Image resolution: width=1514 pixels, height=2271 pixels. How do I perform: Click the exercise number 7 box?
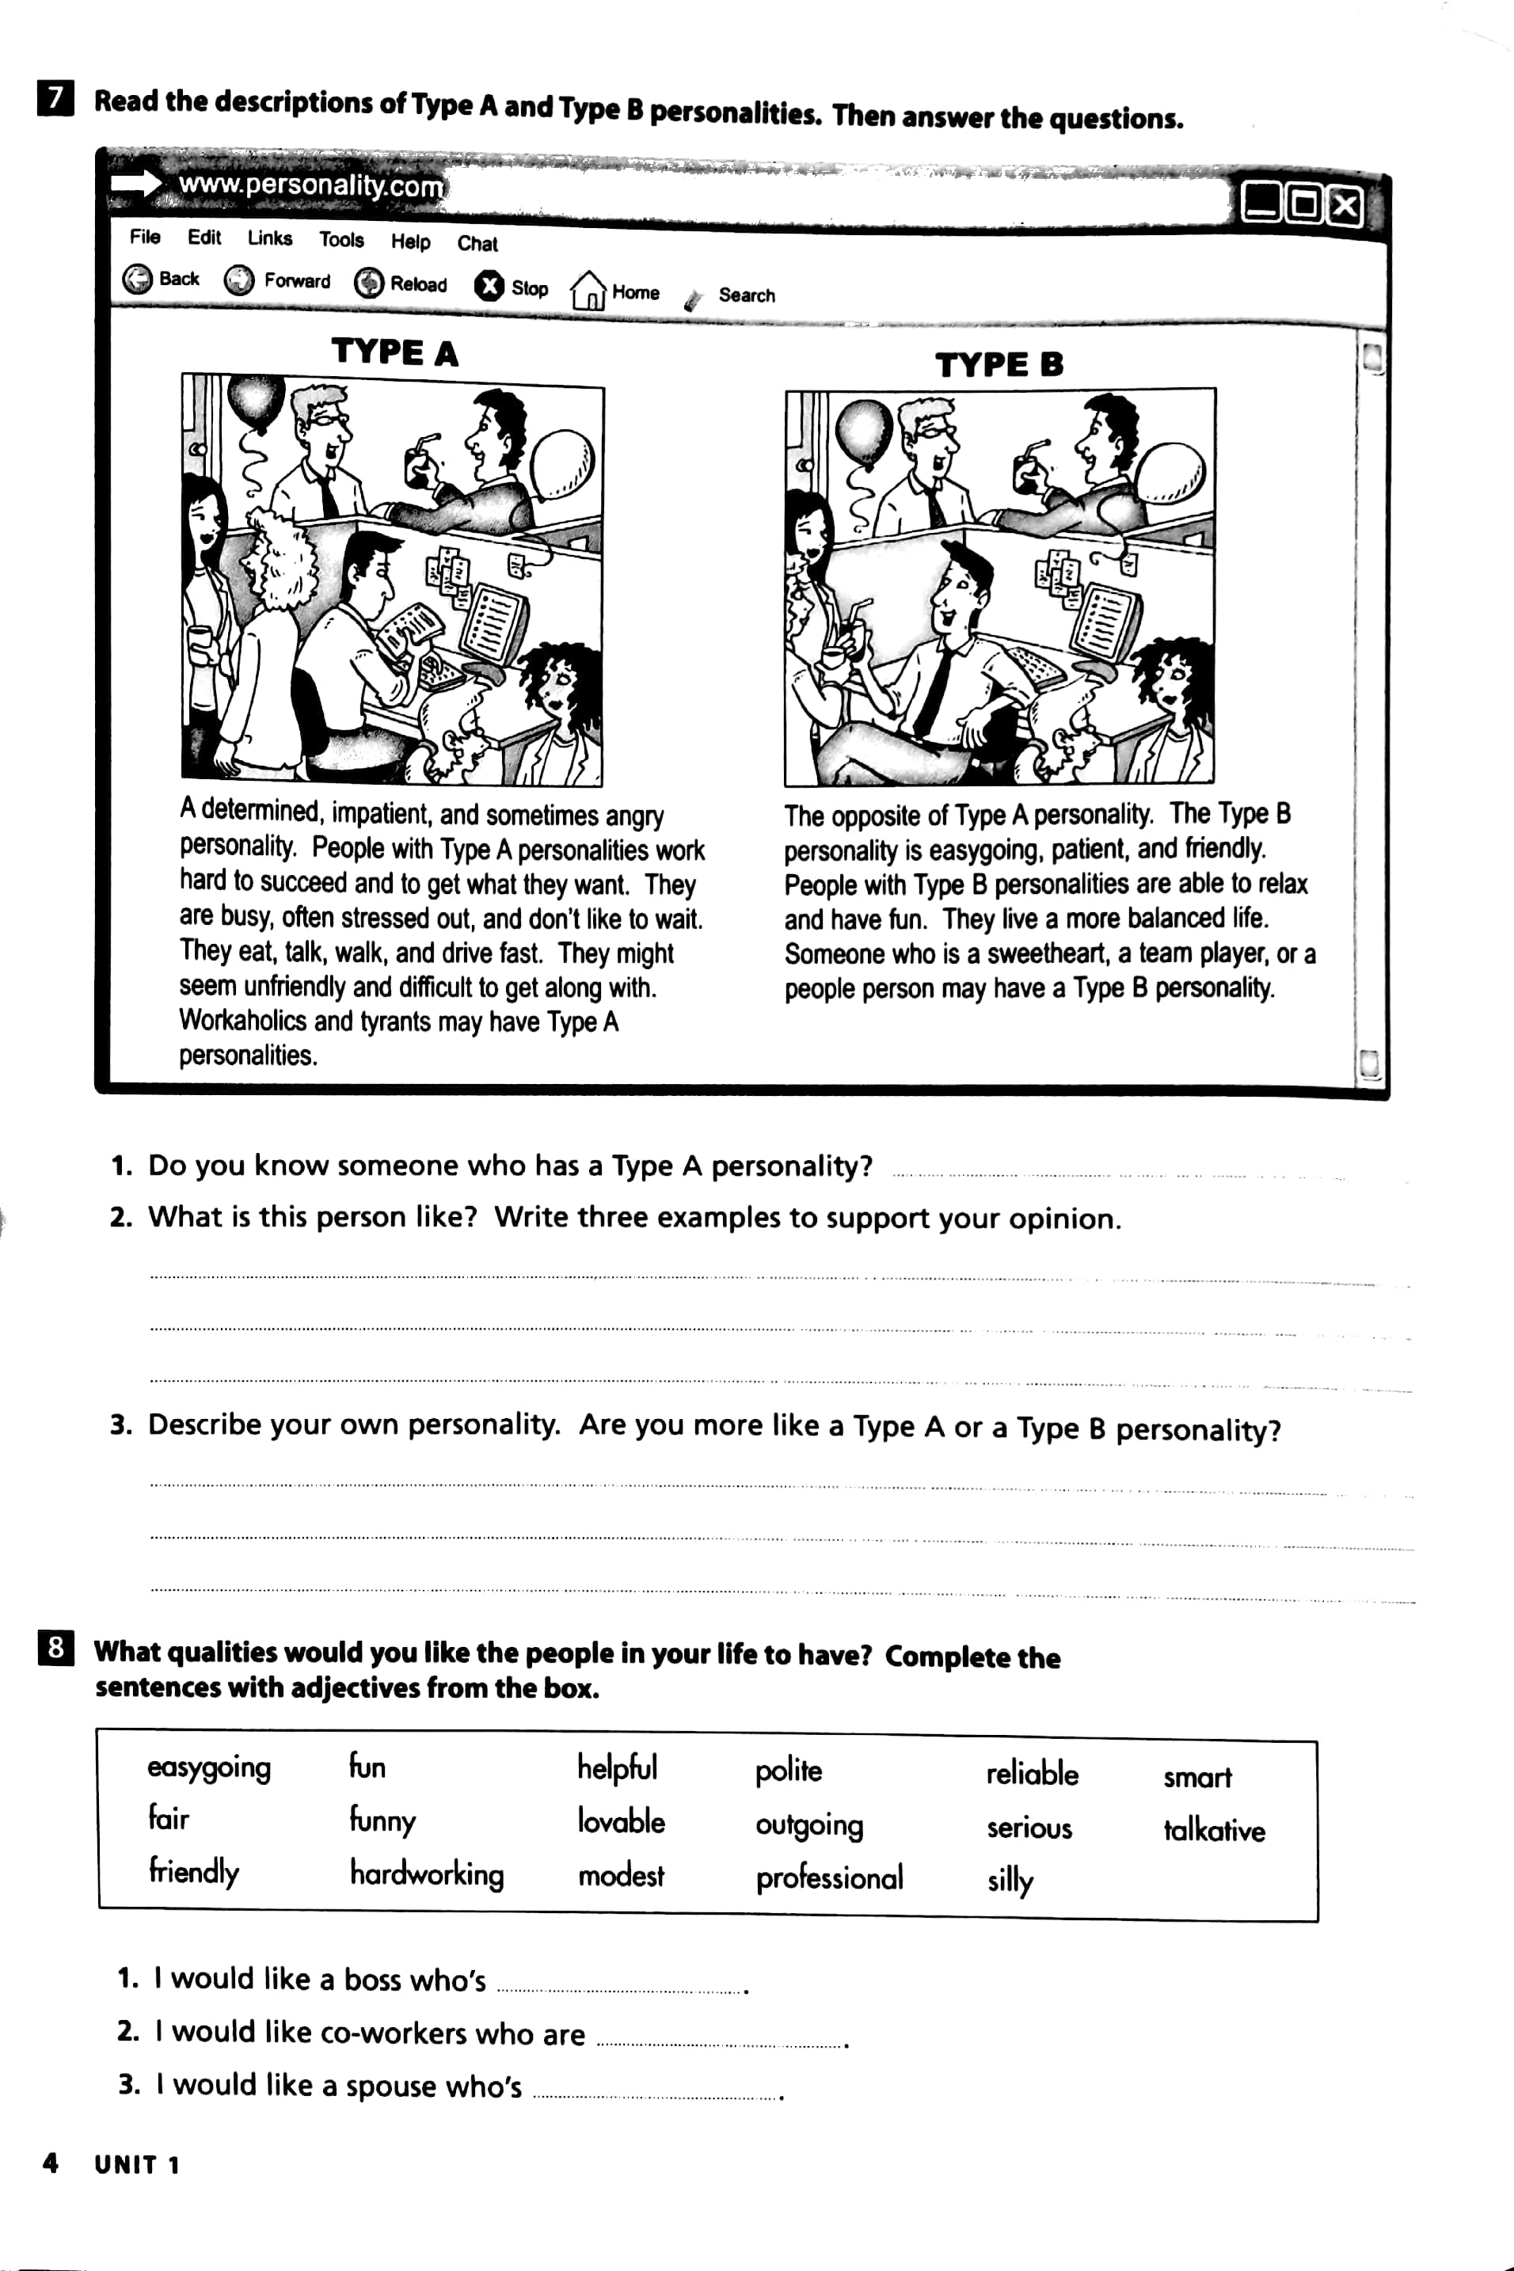pos(56,98)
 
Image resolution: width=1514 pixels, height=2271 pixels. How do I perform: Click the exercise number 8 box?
pos(56,1647)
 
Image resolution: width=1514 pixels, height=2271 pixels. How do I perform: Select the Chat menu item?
pos(477,243)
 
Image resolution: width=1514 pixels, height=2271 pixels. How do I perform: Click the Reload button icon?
pos(369,283)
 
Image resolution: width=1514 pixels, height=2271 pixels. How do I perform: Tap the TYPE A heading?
pos(394,352)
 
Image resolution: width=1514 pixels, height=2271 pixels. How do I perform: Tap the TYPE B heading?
pos(999,365)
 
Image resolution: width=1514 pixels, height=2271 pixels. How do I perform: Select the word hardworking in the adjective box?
pos(427,1874)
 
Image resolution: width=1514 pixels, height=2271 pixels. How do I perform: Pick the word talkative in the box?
pos(1214,1830)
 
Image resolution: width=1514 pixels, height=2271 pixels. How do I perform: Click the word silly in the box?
pos(1010,1880)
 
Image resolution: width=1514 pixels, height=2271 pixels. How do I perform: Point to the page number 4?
pos(50,2163)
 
